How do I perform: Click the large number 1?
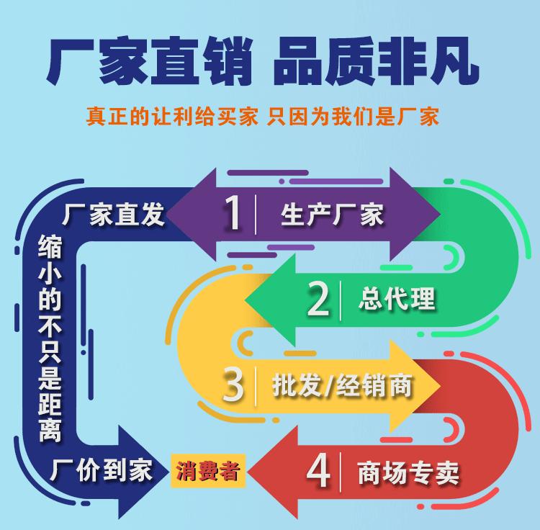coord(233,212)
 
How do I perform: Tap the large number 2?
coord(318,300)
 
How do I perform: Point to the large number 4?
coord(318,472)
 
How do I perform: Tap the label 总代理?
coord(397,300)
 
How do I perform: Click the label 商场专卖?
coord(408,473)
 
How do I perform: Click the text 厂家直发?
coord(114,214)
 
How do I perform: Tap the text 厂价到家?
coord(102,471)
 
